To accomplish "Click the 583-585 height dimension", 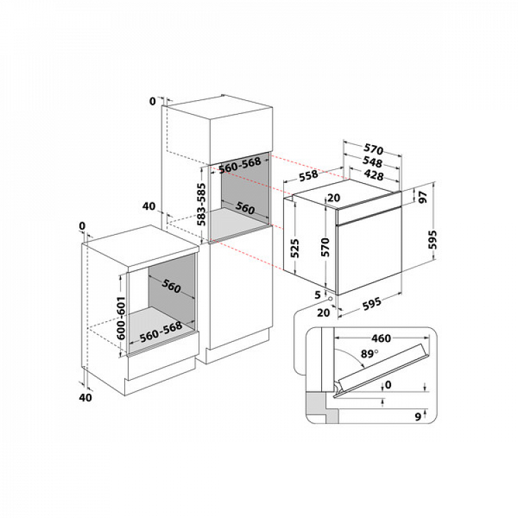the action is pyautogui.click(x=201, y=204).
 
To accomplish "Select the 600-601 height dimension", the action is pyautogui.click(x=122, y=318).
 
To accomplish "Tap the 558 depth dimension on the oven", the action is pyautogui.click(x=309, y=175).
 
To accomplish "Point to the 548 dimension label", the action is pyautogui.click(x=372, y=162).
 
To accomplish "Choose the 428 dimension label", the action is pyautogui.click(x=374, y=175).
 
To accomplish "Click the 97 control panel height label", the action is pyautogui.click(x=423, y=197).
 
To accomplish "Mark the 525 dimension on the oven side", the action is pyautogui.click(x=295, y=248).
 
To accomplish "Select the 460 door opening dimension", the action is pyautogui.click(x=381, y=338).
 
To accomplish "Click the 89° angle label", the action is pyautogui.click(x=369, y=354).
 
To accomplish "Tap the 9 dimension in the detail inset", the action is pyautogui.click(x=418, y=417).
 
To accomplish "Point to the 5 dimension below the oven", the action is pyautogui.click(x=318, y=294).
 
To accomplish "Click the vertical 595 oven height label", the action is pyautogui.click(x=432, y=240).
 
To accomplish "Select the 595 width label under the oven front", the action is pyautogui.click(x=372, y=304).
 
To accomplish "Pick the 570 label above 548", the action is pyautogui.click(x=374, y=149).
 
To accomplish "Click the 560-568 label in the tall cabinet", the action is pyautogui.click(x=240, y=165).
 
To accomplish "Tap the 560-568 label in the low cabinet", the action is pyautogui.click(x=160, y=332).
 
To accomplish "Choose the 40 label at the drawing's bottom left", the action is pyautogui.click(x=85, y=397).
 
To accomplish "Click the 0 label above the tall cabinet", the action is pyautogui.click(x=153, y=101).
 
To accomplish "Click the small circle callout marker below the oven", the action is pyautogui.click(x=329, y=298).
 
